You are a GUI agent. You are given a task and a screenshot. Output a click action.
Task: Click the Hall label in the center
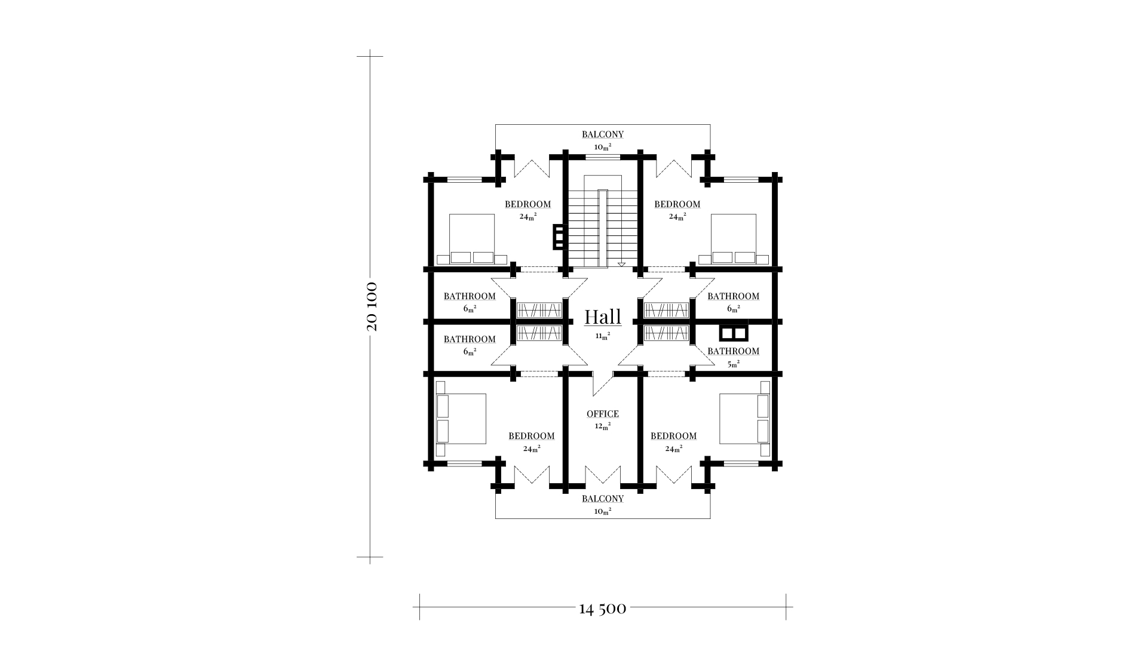point(603,317)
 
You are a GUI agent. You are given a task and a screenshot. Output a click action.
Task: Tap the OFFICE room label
point(603,414)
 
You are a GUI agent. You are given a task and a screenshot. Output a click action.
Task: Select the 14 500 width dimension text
point(603,609)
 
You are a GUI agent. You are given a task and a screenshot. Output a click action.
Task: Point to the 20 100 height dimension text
point(371,306)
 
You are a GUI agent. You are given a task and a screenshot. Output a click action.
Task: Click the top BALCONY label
point(603,134)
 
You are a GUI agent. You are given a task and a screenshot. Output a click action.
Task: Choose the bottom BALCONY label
point(603,499)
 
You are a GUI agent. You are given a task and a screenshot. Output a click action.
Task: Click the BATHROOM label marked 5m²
point(734,351)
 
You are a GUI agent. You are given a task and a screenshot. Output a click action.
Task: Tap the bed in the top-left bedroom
point(472,239)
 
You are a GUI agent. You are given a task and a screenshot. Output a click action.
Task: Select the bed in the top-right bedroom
point(734,239)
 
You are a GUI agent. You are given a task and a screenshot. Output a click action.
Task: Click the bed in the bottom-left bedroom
point(461,418)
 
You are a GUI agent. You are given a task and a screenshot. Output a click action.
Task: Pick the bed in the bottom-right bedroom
point(745,418)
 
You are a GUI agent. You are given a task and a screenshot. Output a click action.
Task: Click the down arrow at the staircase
point(621,264)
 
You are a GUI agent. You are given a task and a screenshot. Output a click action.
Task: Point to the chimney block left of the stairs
point(559,236)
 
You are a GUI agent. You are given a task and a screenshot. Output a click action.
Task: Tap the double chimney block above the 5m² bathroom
point(734,332)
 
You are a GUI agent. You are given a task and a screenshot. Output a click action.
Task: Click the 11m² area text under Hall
point(603,336)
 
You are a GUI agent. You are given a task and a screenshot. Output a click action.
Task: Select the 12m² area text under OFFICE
point(603,426)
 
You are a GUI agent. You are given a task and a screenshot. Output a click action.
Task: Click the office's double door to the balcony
point(603,474)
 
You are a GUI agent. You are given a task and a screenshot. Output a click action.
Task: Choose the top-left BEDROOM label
point(528,204)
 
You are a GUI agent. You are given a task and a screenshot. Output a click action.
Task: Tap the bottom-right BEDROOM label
point(674,436)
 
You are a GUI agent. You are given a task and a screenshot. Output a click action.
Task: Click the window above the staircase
point(603,156)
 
